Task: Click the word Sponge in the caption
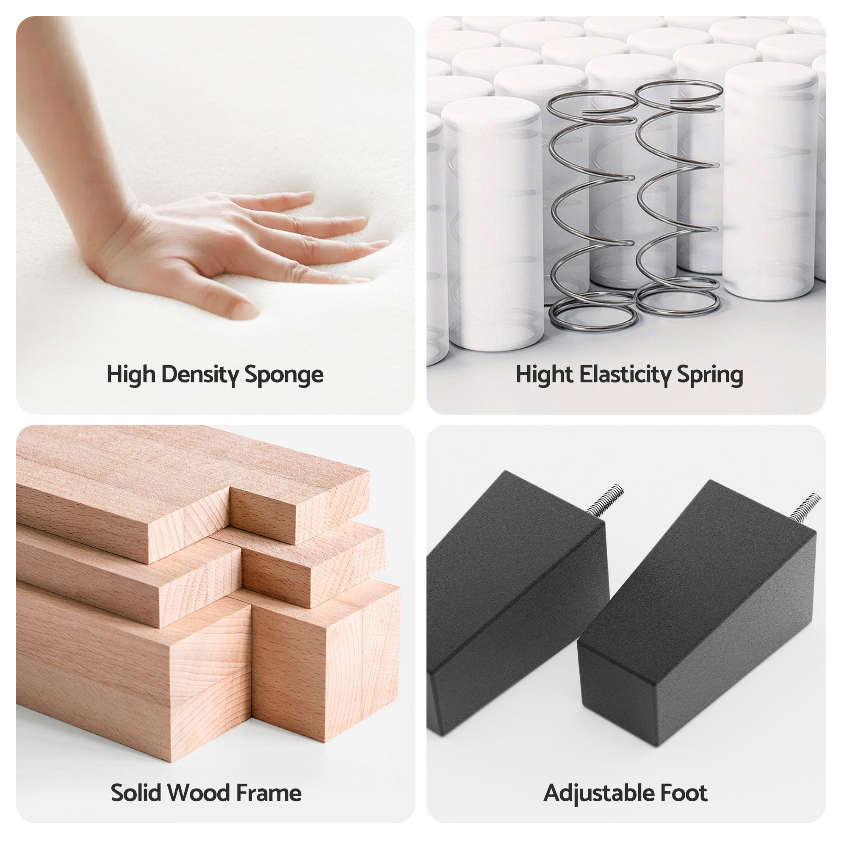click(x=284, y=375)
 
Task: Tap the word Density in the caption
click(x=199, y=375)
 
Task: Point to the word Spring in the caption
click(x=710, y=376)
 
